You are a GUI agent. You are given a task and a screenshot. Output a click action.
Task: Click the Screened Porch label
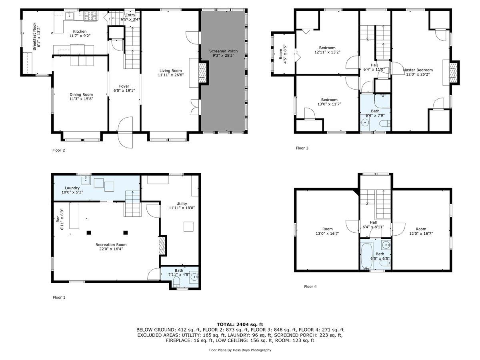(223, 51)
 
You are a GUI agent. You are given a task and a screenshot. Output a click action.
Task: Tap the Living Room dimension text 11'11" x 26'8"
(170, 75)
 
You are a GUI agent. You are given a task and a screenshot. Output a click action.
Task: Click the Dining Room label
(81, 95)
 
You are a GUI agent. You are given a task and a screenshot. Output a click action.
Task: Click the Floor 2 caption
(59, 150)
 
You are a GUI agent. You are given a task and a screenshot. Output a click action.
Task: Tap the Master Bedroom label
(418, 70)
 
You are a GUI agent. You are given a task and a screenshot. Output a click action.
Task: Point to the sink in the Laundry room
(86, 180)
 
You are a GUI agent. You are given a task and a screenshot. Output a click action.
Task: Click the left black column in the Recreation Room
(89, 232)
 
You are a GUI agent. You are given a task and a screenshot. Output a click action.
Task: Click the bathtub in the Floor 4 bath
(365, 255)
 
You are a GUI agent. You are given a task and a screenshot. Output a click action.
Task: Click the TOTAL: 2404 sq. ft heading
(240, 324)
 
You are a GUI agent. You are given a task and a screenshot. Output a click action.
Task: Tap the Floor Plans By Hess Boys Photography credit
(240, 350)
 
